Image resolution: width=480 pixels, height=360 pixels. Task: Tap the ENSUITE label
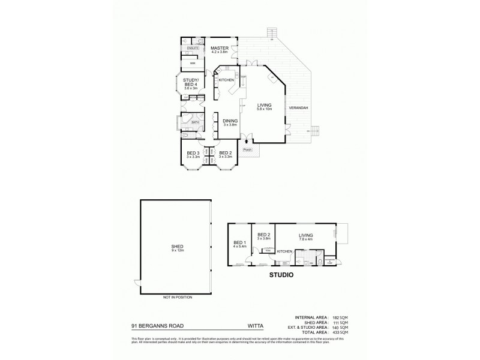coord(193,48)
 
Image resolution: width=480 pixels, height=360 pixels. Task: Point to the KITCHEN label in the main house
coord(226,80)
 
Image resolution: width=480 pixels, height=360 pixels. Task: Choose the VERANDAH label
coord(298,107)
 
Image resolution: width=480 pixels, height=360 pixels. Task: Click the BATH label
coord(195,122)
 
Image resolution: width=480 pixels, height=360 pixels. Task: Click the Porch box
coord(247,150)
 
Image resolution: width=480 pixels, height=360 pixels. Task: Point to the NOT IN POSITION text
coord(176,297)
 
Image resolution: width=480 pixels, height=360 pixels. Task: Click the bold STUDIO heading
coord(281,277)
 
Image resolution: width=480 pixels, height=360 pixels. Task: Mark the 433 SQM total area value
coord(340,332)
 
